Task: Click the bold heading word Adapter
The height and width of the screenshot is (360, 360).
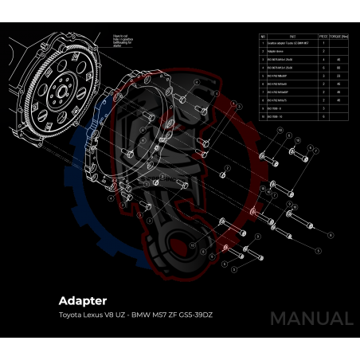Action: coord(82,301)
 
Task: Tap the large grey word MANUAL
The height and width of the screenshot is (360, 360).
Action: coord(311,319)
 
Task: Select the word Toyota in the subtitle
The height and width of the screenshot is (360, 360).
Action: coord(71,315)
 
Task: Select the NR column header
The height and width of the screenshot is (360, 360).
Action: coord(263,36)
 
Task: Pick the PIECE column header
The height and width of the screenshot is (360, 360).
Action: coord(323,36)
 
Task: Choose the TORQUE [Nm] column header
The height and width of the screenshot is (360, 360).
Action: coord(338,36)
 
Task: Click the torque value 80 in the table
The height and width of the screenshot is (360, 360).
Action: coord(339,68)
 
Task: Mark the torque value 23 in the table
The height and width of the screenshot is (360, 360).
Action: coord(339,76)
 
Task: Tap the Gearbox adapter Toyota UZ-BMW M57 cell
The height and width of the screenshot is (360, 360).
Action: coord(288,43)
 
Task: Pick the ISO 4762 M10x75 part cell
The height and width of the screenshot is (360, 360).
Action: coord(279,100)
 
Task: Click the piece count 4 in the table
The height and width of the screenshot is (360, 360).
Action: coord(323,60)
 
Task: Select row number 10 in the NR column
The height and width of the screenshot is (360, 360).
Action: coord(263,117)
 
